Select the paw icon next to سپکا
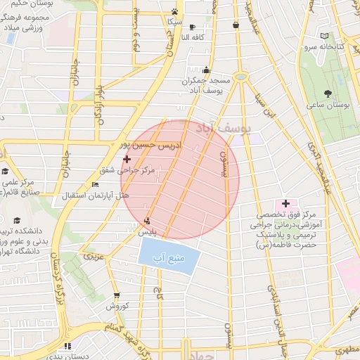174,11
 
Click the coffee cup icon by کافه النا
193,27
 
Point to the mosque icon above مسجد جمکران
206,70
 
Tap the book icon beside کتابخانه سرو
323,36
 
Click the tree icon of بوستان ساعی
328,94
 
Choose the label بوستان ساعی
328,105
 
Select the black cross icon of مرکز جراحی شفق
127,160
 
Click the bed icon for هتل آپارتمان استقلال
96,184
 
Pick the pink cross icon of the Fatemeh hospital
285,203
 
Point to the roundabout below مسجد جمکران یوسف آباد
241,77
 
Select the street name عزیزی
94,255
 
